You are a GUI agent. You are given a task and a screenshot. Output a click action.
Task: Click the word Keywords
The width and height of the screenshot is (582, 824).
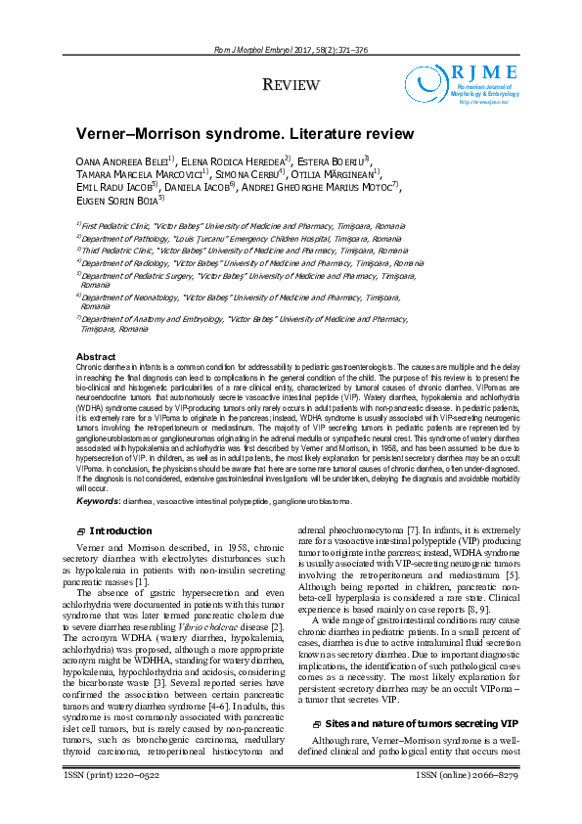pos(98,501)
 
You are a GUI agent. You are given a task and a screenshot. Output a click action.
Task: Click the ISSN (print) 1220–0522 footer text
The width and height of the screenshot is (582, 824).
pos(111,802)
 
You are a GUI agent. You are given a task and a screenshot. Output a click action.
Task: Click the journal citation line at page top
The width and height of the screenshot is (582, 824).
pos(291,50)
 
